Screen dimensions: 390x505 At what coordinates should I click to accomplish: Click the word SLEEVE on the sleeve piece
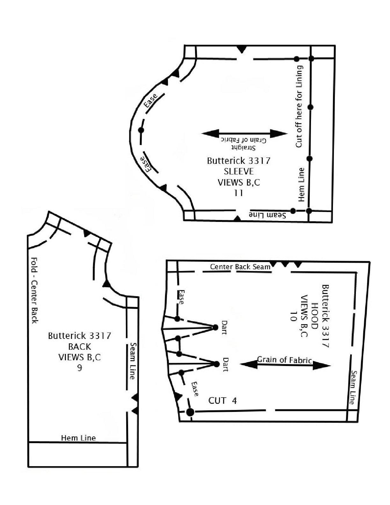[239, 172]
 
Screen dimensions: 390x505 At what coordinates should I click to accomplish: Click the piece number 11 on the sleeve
[238, 193]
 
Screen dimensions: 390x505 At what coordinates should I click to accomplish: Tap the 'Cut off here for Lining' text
[299, 106]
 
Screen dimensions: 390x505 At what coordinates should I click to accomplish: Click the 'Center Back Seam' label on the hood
[240, 267]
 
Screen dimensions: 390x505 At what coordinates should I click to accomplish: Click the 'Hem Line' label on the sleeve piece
[301, 185]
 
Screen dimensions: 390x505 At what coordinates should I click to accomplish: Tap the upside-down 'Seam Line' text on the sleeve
[267, 215]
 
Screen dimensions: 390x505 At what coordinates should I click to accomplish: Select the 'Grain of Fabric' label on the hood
[284, 360]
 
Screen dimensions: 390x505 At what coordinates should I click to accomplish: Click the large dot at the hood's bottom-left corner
[190, 412]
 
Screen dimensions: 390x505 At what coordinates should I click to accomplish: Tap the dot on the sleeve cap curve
[141, 130]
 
